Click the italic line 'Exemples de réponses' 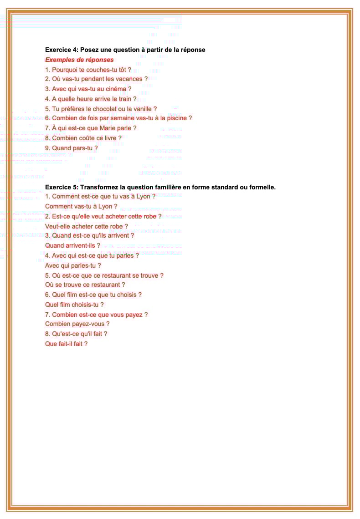[79, 60]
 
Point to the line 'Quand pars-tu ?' [71, 148]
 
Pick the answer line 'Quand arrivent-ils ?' [72, 245]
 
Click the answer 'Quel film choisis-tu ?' [74, 305]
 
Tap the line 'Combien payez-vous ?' [77, 324]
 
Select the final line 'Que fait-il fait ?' [66, 344]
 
